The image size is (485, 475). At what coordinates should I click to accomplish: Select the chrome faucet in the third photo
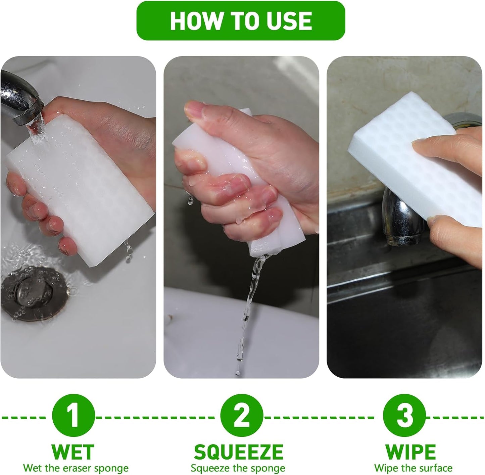tap(400, 217)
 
